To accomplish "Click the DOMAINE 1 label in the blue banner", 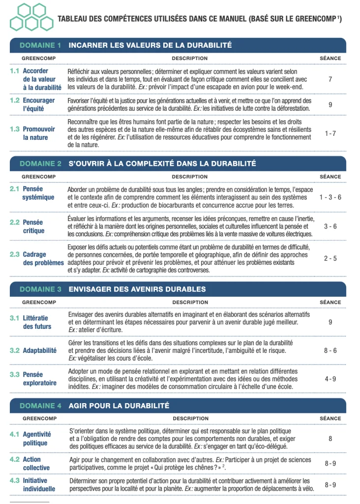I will (x=40, y=45).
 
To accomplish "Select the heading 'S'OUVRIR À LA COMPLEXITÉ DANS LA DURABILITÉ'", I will (x=162, y=163).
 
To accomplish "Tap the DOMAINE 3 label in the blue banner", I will (x=40, y=289).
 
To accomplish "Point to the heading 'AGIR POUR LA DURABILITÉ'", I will (x=119, y=406).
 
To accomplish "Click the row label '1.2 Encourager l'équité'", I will (x=36, y=104).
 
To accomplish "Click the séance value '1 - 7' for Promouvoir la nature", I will (x=330, y=133).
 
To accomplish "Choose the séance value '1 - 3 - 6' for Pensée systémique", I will (x=330, y=197).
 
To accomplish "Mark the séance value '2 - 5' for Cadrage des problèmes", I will (x=330, y=258).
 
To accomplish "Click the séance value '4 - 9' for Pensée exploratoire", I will (x=330, y=379).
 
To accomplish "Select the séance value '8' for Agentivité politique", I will (x=330, y=438).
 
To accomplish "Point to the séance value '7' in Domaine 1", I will (x=330, y=79).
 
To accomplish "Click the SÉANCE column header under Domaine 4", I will (x=330, y=418).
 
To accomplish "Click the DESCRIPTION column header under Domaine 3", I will (x=190, y=302).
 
